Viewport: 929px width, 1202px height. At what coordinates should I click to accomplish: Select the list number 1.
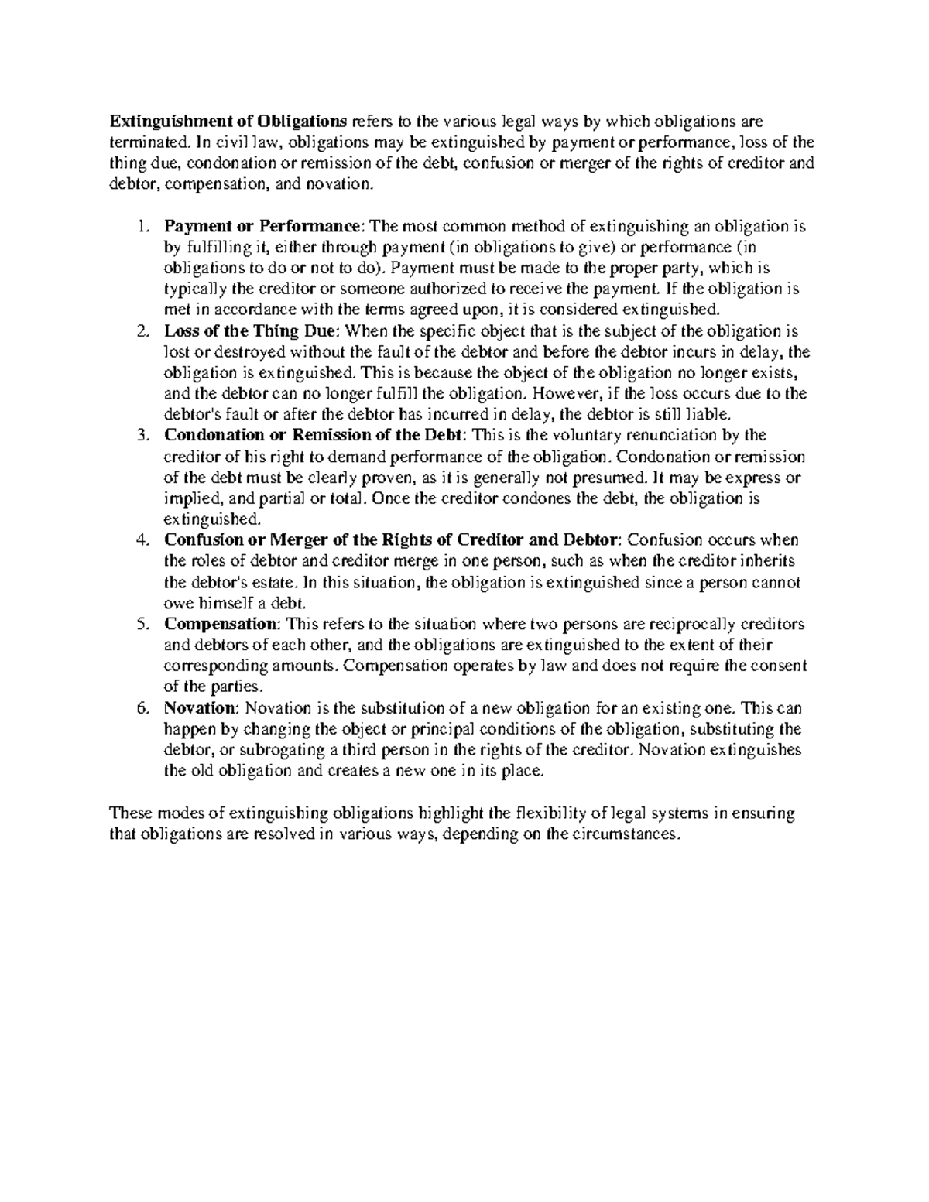tap(140, 227)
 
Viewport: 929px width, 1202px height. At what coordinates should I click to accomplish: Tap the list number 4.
tap(140, 540)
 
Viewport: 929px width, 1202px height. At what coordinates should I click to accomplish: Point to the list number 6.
tap(140, 708)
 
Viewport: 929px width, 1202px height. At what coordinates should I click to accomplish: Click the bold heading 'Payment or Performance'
tap(262, 227)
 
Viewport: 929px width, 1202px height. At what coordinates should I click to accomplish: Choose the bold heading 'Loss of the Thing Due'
tap(251, 331)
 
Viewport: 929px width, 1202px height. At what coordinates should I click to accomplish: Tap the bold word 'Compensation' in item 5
tap(219, 624)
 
